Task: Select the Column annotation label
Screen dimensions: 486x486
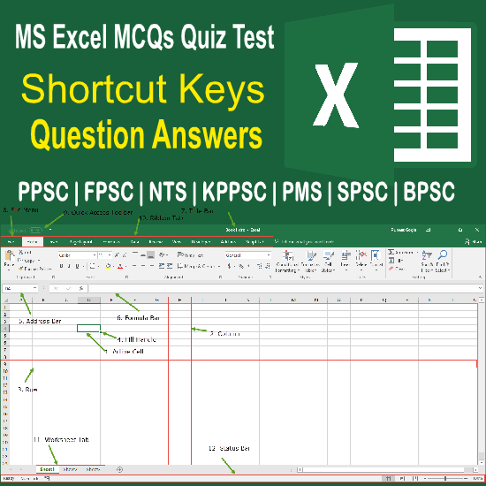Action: click(226, 333)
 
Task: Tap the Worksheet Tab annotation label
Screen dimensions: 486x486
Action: click(62, 439)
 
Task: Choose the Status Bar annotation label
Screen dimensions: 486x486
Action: click(231, 450)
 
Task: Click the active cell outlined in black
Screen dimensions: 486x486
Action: click(87, 328)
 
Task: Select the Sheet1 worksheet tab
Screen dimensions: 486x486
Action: click(47, 469)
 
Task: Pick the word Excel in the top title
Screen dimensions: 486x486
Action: click(84, 37)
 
